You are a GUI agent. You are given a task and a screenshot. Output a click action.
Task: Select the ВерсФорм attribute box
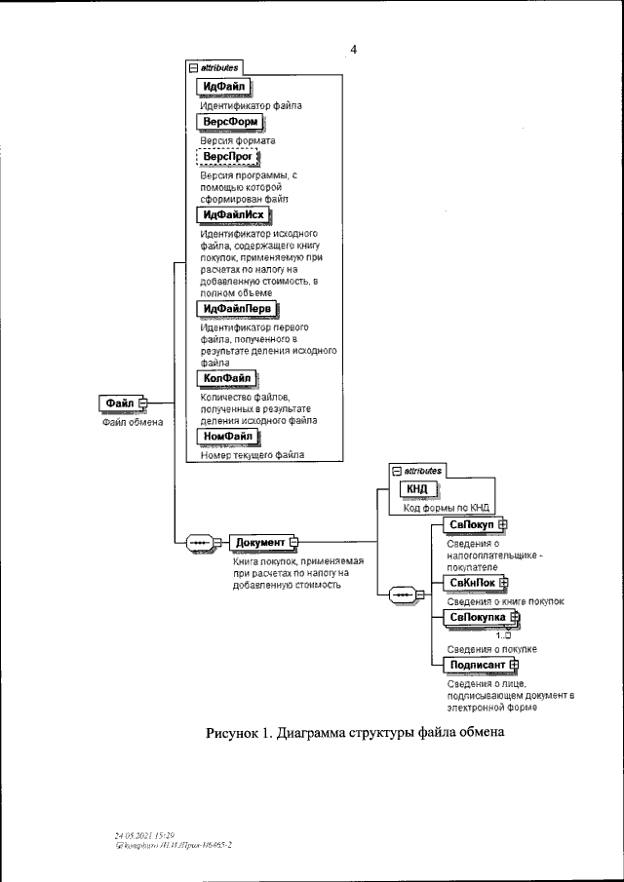[x=230, y=121]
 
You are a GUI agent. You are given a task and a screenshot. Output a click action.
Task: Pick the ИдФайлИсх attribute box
[x=234, y=214]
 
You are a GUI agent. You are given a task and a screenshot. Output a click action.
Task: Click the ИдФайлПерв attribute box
[x=237, y=310]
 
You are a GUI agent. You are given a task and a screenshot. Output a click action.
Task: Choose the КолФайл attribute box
[x=227, y=377]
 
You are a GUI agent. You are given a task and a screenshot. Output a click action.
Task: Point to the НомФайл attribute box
[x=227, y=437]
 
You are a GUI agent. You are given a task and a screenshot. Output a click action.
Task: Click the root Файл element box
[x=119, y=403]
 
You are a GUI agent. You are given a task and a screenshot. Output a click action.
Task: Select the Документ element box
[x=259, y=542]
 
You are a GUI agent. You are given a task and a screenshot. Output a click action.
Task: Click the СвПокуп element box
[x=471, y=525]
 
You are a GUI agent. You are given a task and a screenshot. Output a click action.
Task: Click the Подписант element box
[x=476, y=665]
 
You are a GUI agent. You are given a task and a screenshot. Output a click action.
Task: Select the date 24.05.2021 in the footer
[x=136, y=835]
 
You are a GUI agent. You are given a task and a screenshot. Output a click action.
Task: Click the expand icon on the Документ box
[x=292, y=542]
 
